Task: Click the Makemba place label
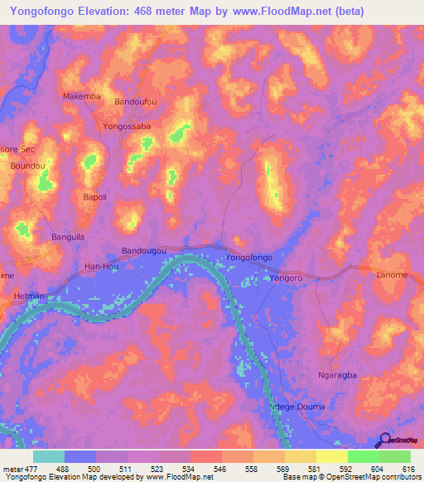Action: click(x=82, y=96)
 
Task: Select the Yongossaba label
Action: click(x=127, y=127)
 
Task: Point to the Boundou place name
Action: click(x=27, y=166)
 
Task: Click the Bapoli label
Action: click(x=95, y=197)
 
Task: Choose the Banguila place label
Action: click(x=69, y=237)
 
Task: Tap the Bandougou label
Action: click(x=144, y=250)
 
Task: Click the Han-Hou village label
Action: click(x=103, y=266)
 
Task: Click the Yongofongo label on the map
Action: click(x=249, y=259)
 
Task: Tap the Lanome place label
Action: click(x=392, y=275)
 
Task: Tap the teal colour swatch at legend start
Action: click(x=49, y=456)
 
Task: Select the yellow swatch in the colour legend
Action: click(x=331, y=456)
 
